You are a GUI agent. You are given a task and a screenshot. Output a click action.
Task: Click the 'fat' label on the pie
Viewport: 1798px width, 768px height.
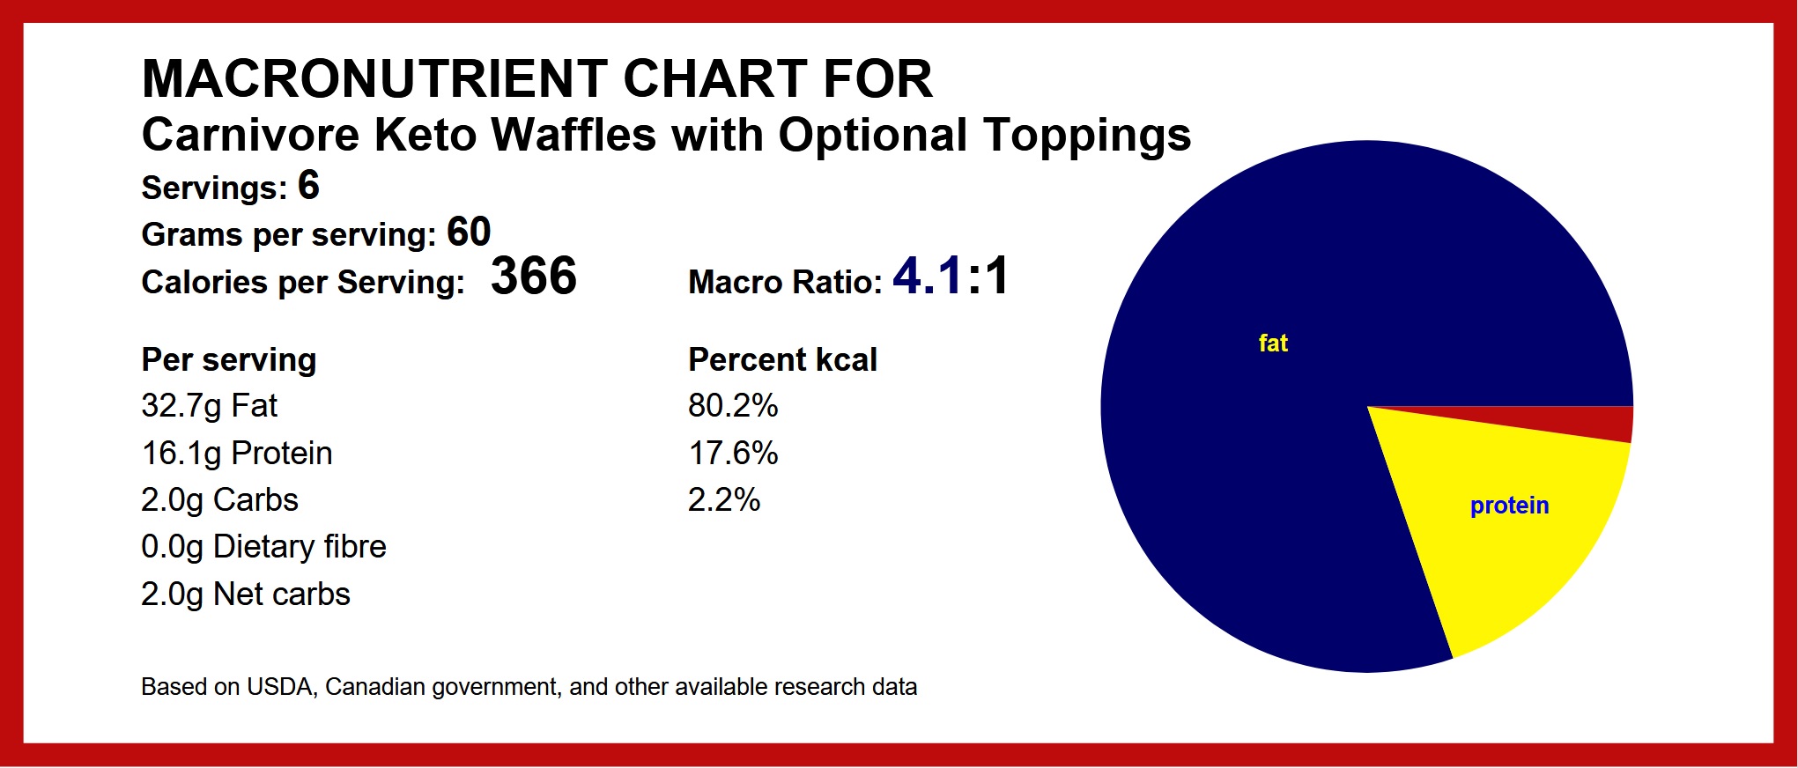coord(1273,343)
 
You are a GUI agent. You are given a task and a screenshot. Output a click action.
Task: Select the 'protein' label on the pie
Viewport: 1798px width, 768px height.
coord(1509,506)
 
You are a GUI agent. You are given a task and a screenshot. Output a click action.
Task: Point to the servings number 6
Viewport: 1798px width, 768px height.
coord(308,186)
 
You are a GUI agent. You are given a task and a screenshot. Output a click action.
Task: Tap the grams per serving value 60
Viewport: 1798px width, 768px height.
coord(469,233)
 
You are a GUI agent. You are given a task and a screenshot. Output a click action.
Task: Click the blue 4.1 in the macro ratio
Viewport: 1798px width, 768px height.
coord(927,276)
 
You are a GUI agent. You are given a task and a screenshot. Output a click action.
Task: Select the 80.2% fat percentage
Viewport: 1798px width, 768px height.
coord(733,406)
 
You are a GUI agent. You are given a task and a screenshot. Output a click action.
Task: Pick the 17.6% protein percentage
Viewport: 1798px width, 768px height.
coord(733,454)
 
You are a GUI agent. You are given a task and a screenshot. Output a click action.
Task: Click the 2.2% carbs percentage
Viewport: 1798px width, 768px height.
coord(723,500)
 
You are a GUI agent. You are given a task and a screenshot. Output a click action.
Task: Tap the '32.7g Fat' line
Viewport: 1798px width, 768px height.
coord(210,406)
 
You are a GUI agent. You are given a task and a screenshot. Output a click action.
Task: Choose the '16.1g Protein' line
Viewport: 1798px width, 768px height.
coord(237,454)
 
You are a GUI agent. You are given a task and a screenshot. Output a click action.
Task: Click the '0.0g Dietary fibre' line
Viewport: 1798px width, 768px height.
coord(263,547)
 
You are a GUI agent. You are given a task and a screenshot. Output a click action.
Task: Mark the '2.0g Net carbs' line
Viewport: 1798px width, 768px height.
coord(246,594)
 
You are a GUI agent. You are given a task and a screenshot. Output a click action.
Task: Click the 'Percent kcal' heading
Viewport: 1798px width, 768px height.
coord(782,359)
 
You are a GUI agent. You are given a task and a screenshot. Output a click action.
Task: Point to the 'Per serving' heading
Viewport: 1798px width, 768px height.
coord(229,360)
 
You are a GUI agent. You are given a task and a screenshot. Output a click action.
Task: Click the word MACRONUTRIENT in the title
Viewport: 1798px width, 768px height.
coord(374,78)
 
